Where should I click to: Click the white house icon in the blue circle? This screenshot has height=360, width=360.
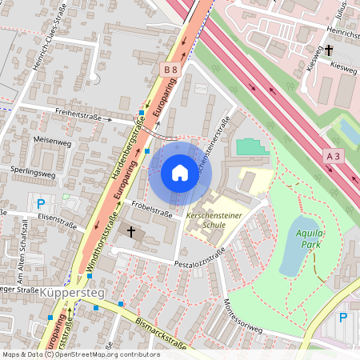click(x=179, y=173)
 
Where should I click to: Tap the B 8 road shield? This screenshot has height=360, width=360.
click(x=170, y=71)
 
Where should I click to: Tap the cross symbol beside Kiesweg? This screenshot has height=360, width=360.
click(x=329, y=50)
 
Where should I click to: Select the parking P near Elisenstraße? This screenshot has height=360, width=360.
click(x=40, y=203)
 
